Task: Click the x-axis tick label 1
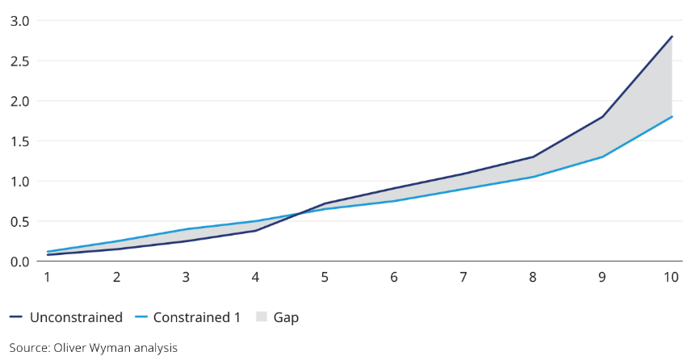click(48, 278)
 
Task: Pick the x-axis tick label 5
click(325, 278)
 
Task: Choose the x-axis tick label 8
click(533, 278)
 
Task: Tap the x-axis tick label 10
click(670, 278)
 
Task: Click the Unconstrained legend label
click(76, 317)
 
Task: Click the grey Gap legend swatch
click(262, 317)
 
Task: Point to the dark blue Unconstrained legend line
click(17, 317)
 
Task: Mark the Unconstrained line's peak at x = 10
click(672, 36)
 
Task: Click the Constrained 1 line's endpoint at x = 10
click(672, 117)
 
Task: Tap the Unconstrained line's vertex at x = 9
click(602, 117)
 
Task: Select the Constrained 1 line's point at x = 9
click(602, 157)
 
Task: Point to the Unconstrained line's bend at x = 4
click(256, 231)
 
